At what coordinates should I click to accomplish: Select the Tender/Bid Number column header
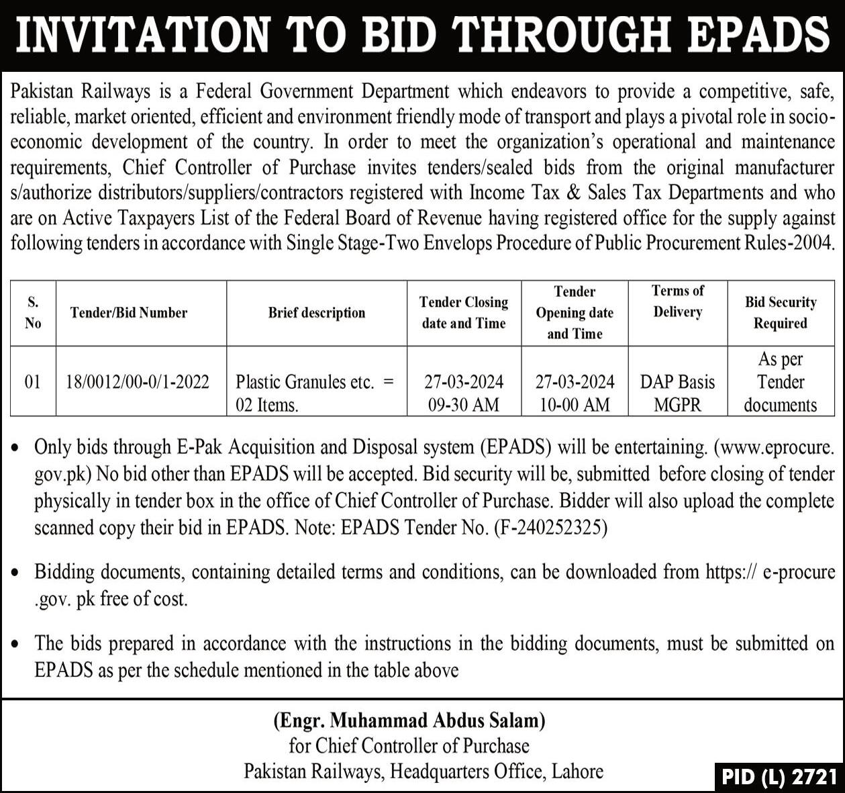coord(128,312)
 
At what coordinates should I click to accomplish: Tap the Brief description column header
coord(317,312)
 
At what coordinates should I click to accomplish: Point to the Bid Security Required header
coord(780,312)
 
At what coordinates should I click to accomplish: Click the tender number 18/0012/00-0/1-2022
coord(138,382)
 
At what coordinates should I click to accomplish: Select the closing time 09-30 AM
coord(463,405)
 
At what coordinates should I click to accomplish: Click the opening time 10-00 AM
coord(575,405)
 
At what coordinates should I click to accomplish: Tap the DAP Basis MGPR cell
coord(677,393)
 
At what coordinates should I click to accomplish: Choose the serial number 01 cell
coord(32,382)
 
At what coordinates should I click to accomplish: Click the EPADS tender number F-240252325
coord(550,528)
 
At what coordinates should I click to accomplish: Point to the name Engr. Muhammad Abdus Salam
coord(409,720)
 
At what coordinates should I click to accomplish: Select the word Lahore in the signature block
coord(577,771)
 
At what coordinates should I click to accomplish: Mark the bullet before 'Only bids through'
coord(16,448)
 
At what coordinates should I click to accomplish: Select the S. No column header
coord(32,312)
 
